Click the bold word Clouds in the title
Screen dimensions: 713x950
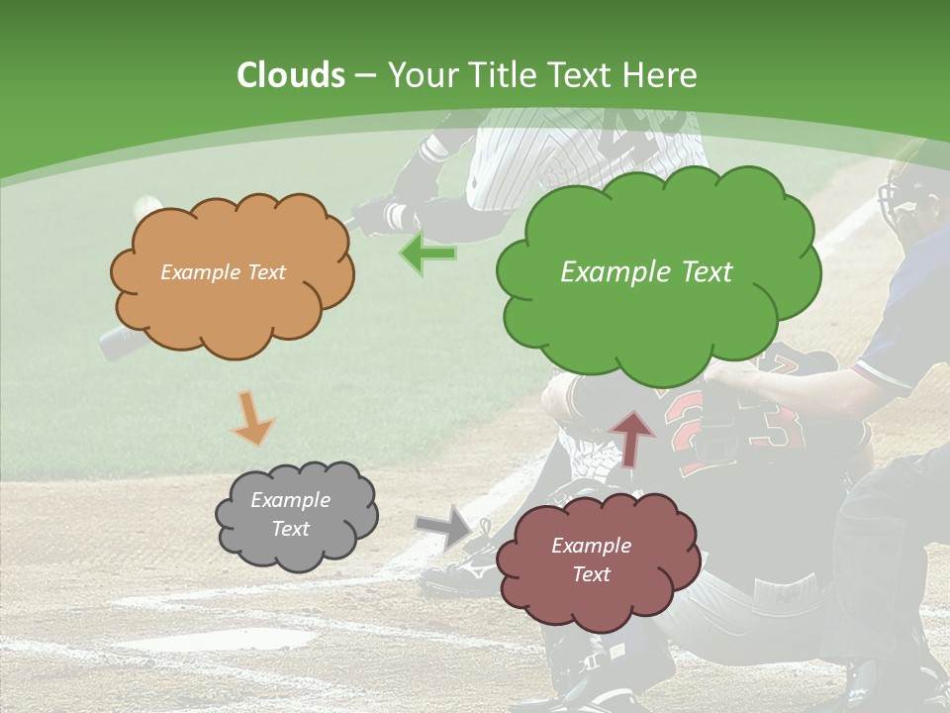coord(291,75)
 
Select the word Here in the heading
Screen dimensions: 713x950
coord(662,75)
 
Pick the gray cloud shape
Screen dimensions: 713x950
coord(295,515)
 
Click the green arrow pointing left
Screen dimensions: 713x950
coord(428,254)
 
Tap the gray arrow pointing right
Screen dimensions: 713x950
coord(445,527)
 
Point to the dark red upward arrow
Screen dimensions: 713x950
coord(632,437)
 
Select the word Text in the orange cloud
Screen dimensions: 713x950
coord(265,272)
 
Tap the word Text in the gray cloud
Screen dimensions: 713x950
coord(291,529)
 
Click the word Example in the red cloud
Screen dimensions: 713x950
coord(591,546)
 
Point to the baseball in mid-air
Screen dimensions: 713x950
coord(148,204)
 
